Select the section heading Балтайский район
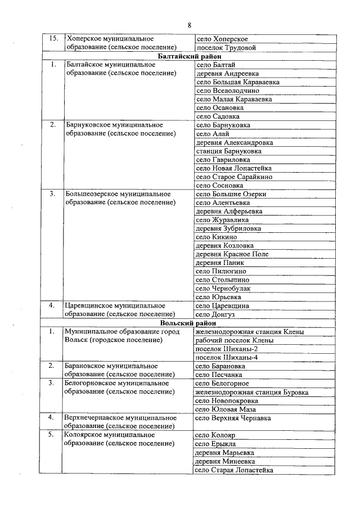pyautogui.click(x=190, y=57)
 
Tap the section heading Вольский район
pyautogui.click(x=190, y=323)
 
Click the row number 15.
pyautogui.click(x=54, y=39)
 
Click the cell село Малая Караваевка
pyautogui.click(x=233, y=100)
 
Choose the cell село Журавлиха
pyautogui.click(x=222, y=220)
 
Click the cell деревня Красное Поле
pyautogui.click(x=232, y=254)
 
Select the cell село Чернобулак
pyautogui.click(x=223, y=289)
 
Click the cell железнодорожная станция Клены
pyautogui.click(x=249, y=332)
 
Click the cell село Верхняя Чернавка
pyautogui.click(x=233, y=418)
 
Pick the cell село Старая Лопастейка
pyautogui.click(x=234, y=470)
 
